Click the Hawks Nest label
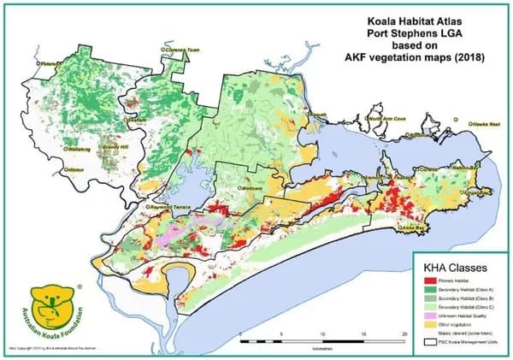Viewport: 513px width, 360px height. tap(486, 125)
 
